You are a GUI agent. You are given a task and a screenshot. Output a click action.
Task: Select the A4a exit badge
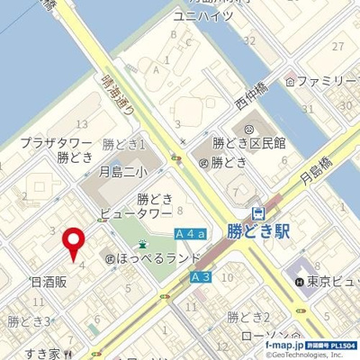(191, 235)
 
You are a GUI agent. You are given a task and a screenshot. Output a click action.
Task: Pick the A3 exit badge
(201, 280)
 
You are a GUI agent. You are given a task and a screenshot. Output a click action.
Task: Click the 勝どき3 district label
(27, 320)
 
